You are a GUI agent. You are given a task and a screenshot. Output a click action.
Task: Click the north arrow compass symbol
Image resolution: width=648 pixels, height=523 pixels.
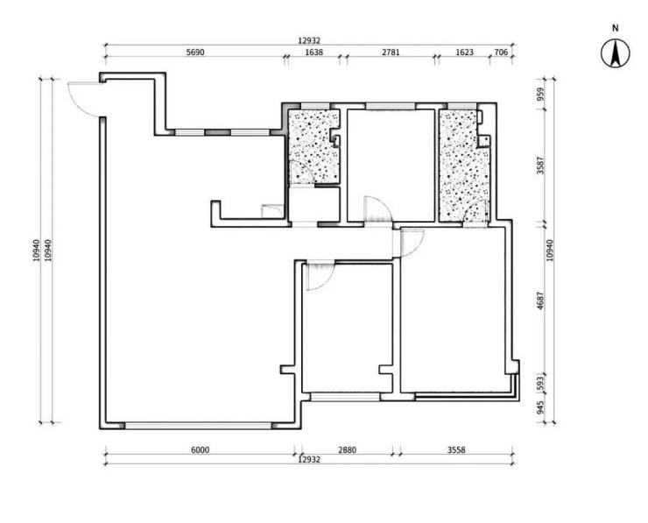point(616,53)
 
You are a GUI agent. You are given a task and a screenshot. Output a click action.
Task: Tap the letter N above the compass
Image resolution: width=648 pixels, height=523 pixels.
point(616,28)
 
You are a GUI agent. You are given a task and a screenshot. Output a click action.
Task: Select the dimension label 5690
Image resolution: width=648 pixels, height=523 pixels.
point(195,52)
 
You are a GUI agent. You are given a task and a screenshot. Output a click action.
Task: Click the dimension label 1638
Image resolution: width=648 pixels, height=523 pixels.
point(313,52)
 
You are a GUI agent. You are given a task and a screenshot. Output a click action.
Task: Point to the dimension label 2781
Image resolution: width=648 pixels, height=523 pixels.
point(391,52)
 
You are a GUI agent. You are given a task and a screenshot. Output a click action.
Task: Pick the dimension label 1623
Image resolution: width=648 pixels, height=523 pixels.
point(464,52)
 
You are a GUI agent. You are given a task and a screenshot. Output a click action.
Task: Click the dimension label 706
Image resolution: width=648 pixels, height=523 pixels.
point(501,52)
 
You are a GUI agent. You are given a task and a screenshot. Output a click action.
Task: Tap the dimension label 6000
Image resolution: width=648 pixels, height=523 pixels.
point(200,449)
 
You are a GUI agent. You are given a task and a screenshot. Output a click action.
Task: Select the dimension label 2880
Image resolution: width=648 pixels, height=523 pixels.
point(347,449)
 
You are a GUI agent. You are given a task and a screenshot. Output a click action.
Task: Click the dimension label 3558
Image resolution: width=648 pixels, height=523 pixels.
point(456,449)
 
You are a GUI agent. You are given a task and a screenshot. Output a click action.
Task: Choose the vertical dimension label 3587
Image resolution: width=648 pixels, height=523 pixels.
point(541,165)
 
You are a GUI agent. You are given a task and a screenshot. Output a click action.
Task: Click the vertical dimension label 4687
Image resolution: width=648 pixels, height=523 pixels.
point(541,301)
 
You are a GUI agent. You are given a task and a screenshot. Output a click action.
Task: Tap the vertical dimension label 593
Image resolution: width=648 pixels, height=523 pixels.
point(541,383)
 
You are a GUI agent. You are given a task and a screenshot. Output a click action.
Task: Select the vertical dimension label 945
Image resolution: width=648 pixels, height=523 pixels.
point(541,407)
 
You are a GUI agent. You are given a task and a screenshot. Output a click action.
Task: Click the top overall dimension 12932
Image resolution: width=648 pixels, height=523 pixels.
point(309,40)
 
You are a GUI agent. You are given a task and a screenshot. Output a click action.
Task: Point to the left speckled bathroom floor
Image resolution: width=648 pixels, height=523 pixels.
point(313,146)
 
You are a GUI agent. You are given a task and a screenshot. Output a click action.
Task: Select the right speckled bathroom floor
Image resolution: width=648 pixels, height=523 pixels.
point(464,166)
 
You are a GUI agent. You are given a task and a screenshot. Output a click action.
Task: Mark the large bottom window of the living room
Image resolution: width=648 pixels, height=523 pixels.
point(198,426)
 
